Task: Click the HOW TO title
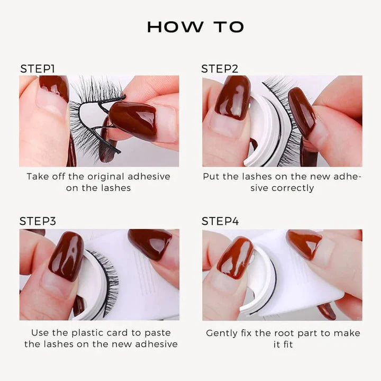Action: pos(195,27)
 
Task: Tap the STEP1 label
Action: pos(38,69)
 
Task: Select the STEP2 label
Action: pos(220,69)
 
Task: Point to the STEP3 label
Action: pos(38,221)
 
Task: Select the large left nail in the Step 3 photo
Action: pos(66,256)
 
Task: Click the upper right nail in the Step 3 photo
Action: pos(150,243)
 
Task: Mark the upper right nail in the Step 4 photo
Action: pos(304,243)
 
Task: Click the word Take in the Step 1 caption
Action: pos(38,176)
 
